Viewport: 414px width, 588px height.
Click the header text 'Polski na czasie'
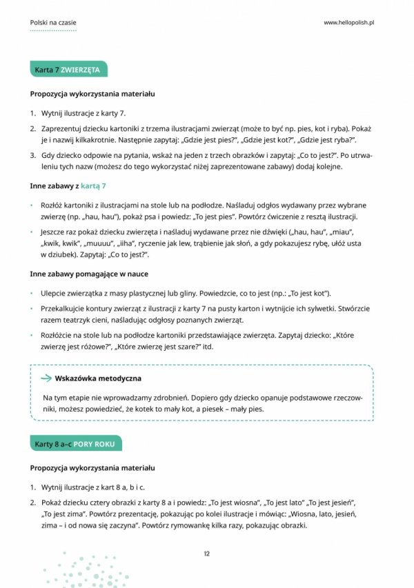[53, 23]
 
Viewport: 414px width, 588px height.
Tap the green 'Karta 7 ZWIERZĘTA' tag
[68, 71]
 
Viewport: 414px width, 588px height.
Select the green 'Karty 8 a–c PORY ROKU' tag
[77, 445]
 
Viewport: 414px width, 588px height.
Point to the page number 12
[206, 554]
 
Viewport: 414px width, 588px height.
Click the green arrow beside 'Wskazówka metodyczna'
[46, 378]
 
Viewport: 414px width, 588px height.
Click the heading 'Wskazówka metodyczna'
[98, 378]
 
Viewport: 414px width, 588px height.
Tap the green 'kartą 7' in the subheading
[93, 186]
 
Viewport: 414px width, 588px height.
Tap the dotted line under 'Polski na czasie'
[53, 31]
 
